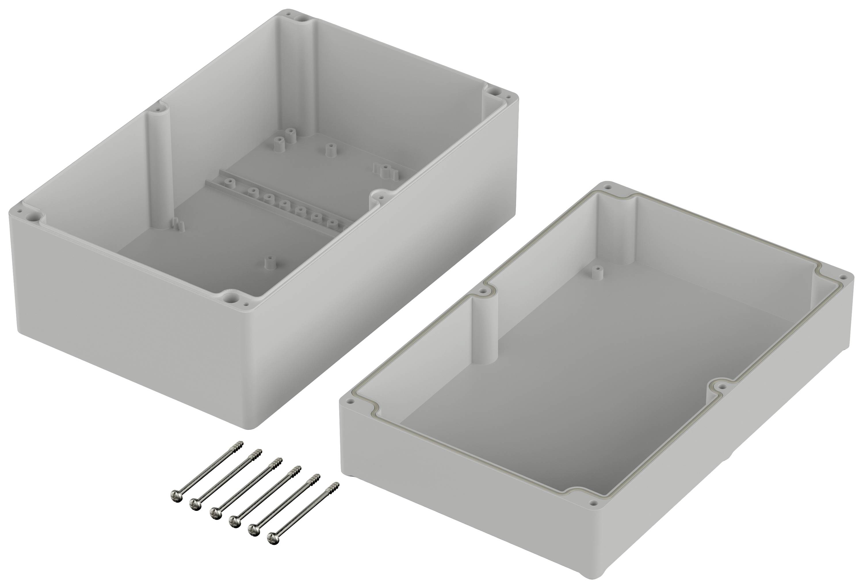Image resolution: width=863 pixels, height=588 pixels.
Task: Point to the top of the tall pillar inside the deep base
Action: [160, 110]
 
